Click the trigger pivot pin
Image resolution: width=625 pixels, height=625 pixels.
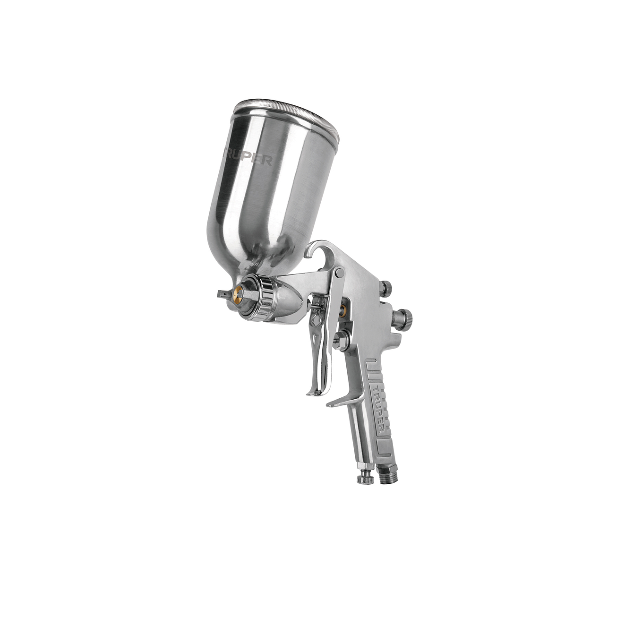tap(339, 273)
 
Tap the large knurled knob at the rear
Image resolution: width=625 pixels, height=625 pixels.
tap(404, 319)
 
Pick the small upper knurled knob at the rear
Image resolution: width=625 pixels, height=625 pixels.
tap(386, 288)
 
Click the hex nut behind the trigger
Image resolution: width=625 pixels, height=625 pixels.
tap(341, 341)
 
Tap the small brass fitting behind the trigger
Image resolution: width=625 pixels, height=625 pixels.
tap(342, 310)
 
